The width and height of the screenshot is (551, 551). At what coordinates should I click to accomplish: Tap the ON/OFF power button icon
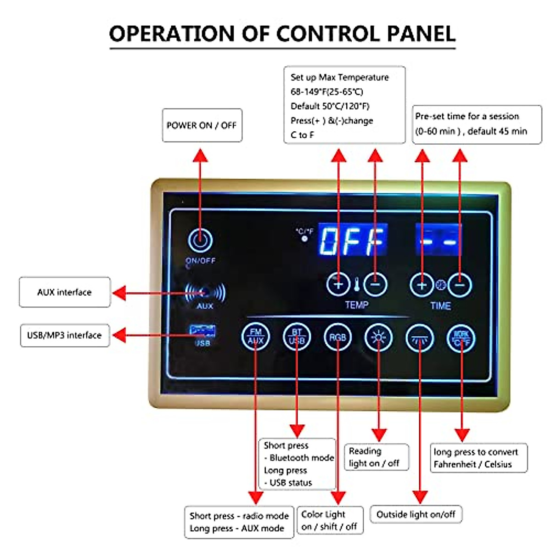point(200,240)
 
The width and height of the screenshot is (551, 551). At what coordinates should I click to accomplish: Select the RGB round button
point(337,337)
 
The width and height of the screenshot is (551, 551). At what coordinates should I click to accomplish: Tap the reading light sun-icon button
point(378,338)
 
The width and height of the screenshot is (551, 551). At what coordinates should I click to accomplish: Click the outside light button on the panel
point(420,339)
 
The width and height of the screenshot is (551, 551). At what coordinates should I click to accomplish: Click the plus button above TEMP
point(338,284)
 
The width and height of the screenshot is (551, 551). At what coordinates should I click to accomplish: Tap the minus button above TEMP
point(375,285)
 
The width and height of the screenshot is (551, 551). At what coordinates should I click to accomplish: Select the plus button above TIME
point(422,285)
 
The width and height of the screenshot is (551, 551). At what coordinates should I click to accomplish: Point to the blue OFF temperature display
point(353,240)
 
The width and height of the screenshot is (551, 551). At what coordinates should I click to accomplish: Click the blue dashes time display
point(439,240)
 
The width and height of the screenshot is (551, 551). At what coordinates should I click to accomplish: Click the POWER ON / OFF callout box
point(202,125)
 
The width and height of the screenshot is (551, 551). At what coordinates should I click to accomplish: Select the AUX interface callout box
point(65,292)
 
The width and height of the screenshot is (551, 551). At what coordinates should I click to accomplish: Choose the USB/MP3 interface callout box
point(65,335)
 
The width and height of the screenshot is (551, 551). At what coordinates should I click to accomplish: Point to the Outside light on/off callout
point(416,514)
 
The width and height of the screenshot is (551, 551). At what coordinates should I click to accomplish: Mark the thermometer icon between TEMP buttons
point(357,285)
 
